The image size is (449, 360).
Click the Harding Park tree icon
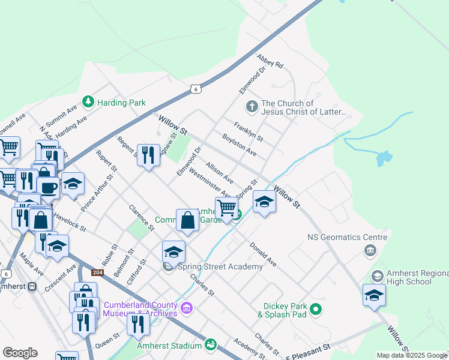(x=88, y=102)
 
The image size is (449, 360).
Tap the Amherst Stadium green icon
(x=210, y=344)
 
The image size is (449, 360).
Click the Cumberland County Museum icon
(x=187, y=308)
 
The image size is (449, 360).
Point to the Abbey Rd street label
(x=269, y=62)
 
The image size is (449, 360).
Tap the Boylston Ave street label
(x=239, y=145)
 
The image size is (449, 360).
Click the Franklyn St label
(x=249, y=132)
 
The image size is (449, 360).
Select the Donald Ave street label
(x=263, y=254)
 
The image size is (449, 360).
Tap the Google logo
(x=20, y=352)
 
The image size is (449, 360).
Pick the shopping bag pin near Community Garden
(x=188, y=220)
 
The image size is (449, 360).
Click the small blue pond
(x=382, y=158)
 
